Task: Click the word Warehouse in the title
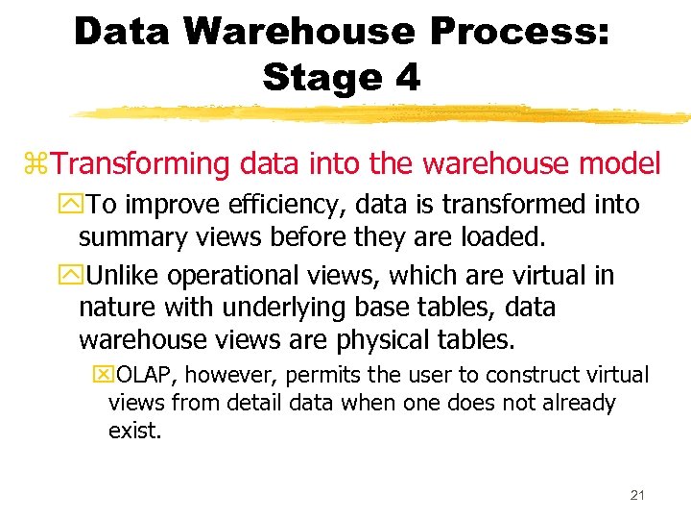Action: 299,32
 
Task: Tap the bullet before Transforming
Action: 41,165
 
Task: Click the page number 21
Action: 636,495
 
